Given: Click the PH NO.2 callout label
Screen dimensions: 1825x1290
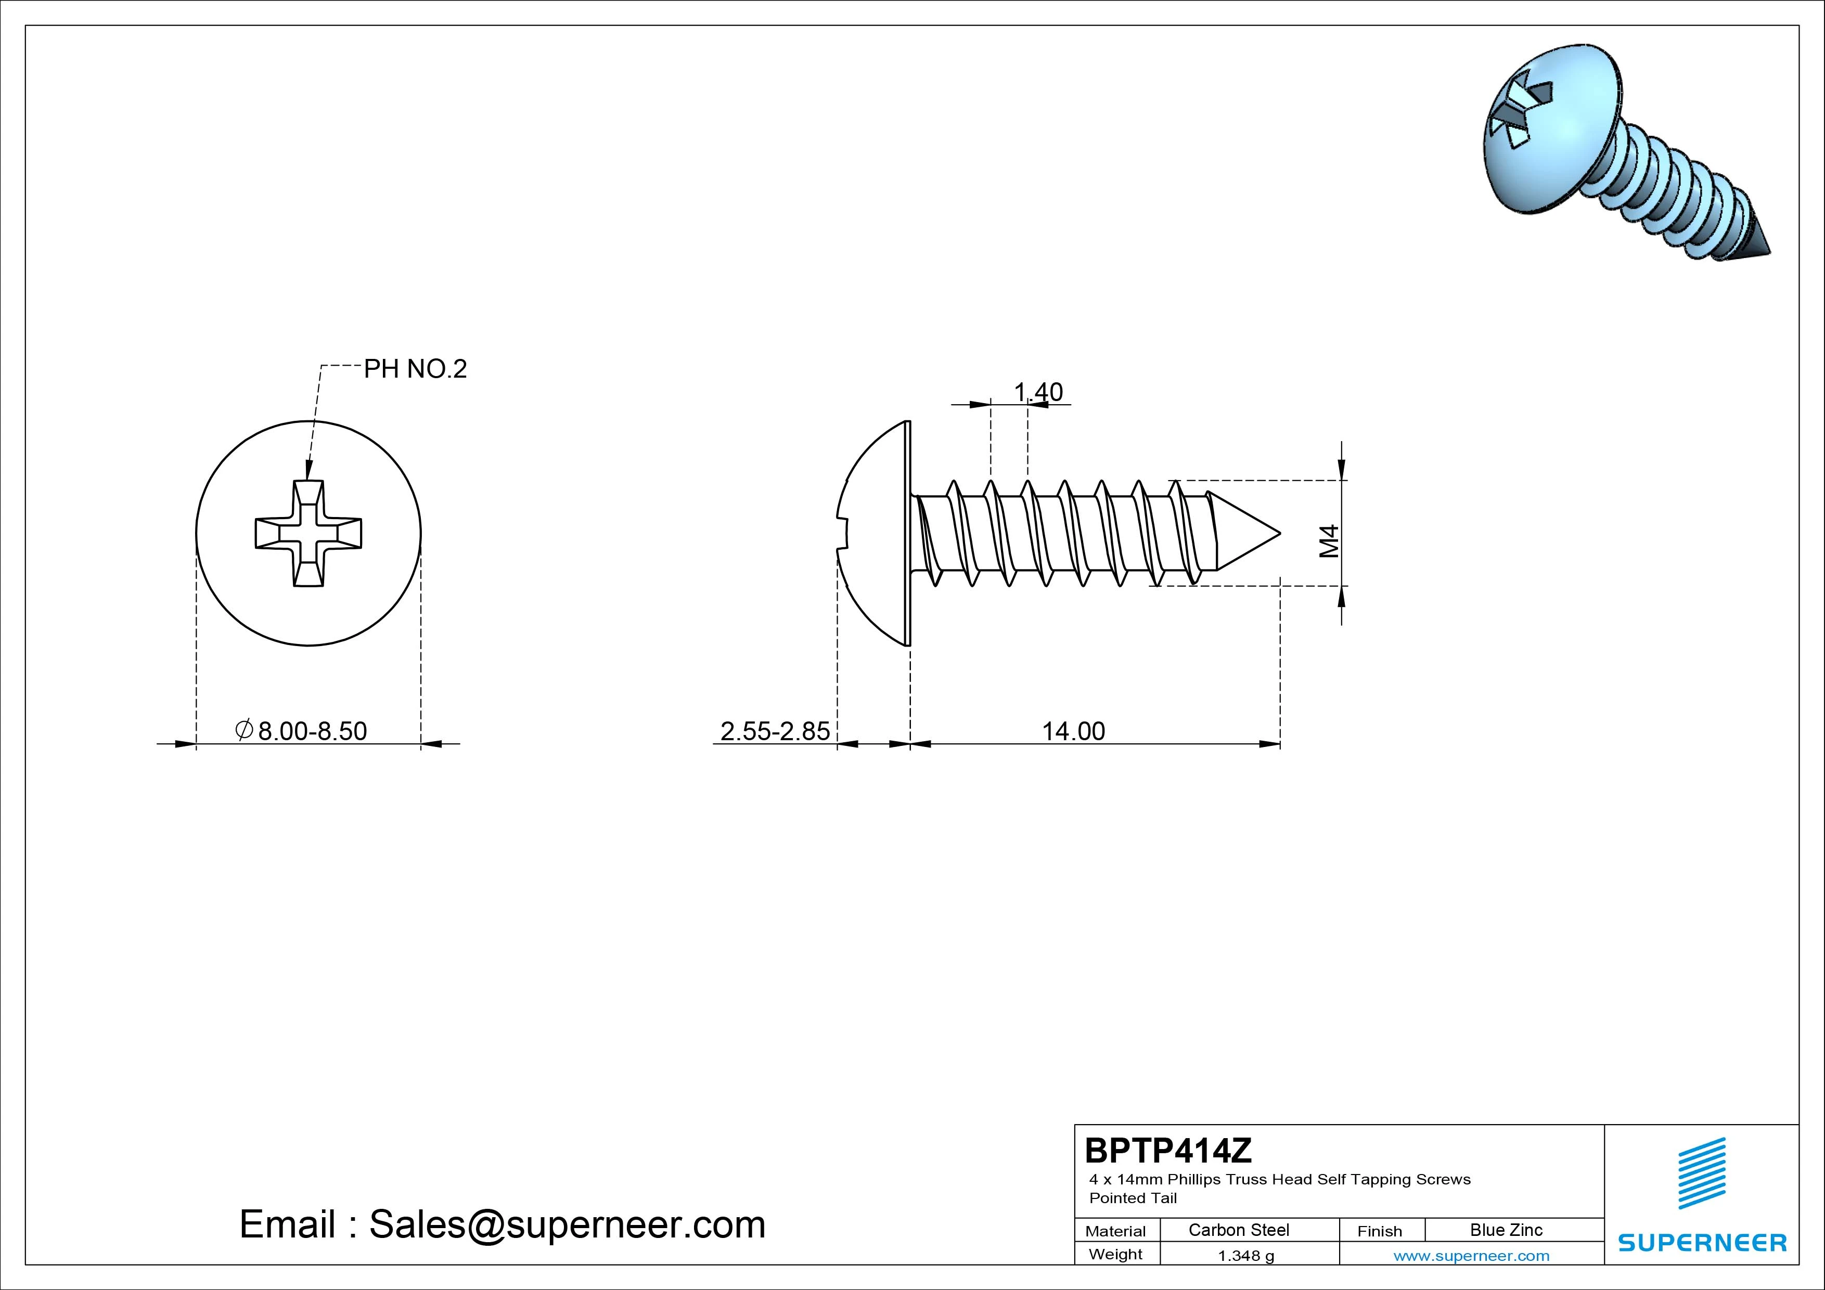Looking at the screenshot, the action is (415, 369).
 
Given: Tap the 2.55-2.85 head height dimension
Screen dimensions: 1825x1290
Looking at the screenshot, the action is (775, 730).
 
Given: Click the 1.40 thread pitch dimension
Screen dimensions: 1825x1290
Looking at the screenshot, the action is (1038, 392).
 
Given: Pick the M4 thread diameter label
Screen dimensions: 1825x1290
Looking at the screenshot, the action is (1329, 541).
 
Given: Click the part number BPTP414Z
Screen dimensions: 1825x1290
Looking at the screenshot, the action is (1168, 1150).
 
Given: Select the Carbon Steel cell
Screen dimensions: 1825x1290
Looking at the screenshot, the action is (1238, 1230).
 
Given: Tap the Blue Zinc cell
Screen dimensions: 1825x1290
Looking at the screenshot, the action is (1506, 1230).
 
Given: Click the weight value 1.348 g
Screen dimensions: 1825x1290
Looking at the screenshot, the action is (1245, 1256).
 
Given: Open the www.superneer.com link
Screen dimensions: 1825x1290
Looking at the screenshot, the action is (1471, 1256).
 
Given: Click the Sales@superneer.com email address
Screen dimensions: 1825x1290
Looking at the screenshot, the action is (567, 1224).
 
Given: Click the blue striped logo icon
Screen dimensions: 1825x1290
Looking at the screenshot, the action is (1702, 1173).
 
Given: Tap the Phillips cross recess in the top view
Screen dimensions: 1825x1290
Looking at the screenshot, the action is (309, 533).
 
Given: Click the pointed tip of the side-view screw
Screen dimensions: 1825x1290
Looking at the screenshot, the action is (1280, 533).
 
